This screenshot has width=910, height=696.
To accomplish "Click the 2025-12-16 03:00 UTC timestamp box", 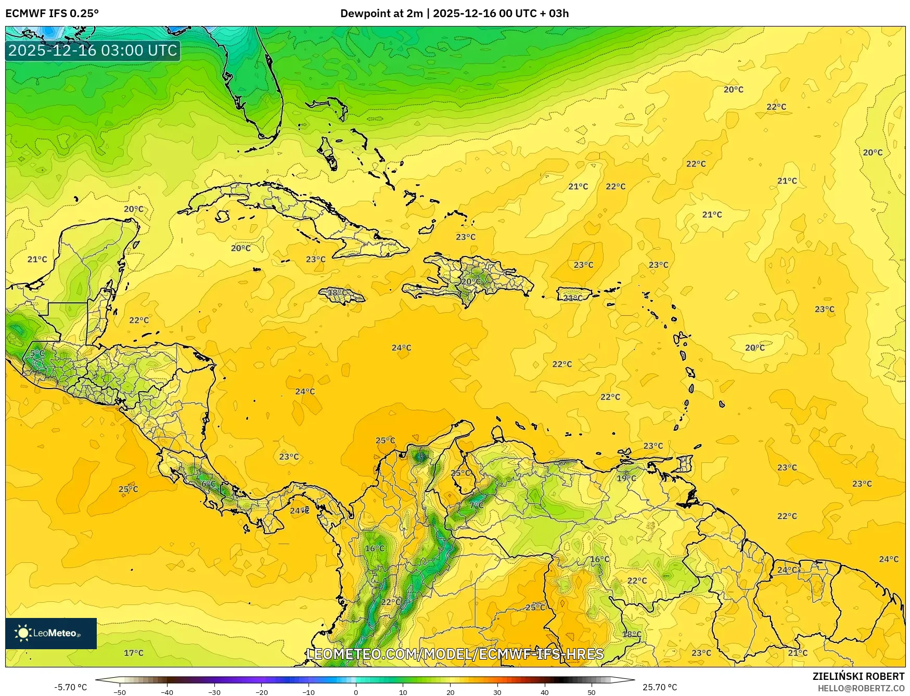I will point(93,50).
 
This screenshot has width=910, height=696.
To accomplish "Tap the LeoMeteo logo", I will point(51,633).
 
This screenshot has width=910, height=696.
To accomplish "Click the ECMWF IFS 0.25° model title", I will point(52,14).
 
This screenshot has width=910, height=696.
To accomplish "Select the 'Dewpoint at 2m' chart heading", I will point(381,14).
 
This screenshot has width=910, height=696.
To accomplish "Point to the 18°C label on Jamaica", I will point(337,292).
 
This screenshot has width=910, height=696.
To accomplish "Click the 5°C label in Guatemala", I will point(37,353).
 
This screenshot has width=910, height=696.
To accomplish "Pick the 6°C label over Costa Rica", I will point(208,483).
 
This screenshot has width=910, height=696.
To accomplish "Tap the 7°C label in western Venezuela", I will point(476,505).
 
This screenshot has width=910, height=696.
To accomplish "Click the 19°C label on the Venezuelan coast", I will point(626,478).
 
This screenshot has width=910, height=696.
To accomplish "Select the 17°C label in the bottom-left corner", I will point(133,653).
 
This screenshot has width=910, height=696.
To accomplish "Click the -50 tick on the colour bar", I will point(119,692).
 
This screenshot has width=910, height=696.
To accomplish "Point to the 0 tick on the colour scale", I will point(356,692).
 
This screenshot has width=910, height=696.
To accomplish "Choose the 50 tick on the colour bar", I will point(592,692).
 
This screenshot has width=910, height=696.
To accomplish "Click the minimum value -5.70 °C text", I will point(71,687).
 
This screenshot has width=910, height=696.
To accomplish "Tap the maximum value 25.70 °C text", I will point(660,687).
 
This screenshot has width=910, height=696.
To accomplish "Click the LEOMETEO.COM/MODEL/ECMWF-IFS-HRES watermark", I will point(455,654).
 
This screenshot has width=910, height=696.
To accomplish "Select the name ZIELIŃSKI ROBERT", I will point(858,676).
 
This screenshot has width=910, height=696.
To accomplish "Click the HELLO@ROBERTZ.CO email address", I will point(861,688).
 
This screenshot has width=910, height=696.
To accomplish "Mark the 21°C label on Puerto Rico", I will point(573,298).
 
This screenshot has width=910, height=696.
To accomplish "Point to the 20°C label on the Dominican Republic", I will point(471,281).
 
